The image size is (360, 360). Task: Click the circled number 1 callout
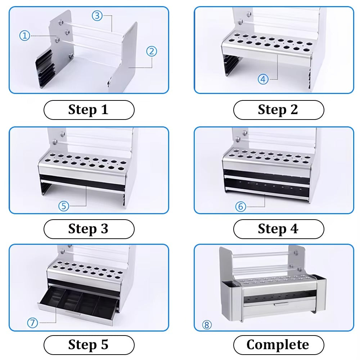tap(24, 36)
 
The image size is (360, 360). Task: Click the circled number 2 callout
tap(152, 51)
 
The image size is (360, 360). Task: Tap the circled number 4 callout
tap(263, 79)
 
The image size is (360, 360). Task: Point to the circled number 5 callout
tap(64, 206)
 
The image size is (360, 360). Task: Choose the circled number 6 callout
tap(240, 207)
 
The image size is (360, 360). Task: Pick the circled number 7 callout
tap(32, 323)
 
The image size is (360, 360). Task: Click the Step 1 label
tap(89, 110)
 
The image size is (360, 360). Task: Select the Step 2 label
tap(278, 110)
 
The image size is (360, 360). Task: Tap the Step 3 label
tap(89, 229)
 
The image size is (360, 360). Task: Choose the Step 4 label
tap(278, 229)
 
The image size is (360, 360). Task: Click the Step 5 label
tap(89, 345)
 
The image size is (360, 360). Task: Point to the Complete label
tap(278, 345)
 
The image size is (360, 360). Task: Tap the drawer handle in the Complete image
tap(281, 305)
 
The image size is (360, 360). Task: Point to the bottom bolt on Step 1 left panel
tap(71, 55)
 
